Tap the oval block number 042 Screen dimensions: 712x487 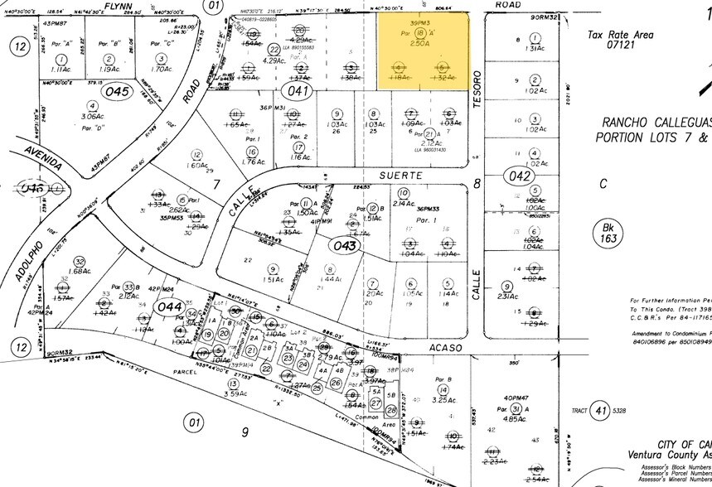pyautogui.click(x=521, y=176)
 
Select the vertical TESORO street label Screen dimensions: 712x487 pyautogui.click(x=476, y=89)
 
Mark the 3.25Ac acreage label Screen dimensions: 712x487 pyautogui.click(x=444, y=400)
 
